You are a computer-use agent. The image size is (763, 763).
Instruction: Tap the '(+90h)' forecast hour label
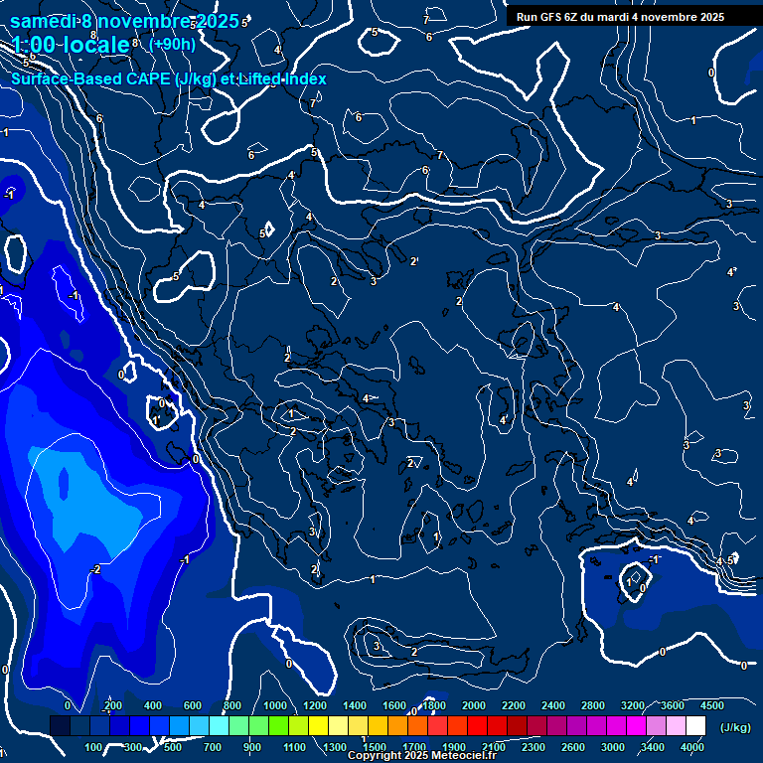click(x=172, y=44)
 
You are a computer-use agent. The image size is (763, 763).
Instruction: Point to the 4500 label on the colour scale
click(x=711, y=704)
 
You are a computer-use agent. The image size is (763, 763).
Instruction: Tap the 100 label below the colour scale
click(x=94, y=747)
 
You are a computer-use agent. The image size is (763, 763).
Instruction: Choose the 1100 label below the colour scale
click(x=294, y=747)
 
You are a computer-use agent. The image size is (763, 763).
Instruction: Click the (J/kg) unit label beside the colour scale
click(x=734, y=727)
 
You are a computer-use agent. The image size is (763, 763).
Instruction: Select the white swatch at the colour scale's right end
click(x=695, y=726)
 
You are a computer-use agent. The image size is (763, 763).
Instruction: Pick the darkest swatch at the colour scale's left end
click(x=60, y=726)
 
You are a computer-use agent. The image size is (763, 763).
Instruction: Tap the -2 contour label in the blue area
click(x=95, y=569)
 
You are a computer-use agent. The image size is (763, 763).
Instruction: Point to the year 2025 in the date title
click(x=217, y=21)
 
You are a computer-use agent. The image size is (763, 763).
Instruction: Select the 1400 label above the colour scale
click(x=354, y=704)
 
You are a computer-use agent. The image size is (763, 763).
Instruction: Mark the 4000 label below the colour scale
click(x=692, y=747)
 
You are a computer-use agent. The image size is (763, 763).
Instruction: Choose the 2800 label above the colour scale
click(x=592, y=704)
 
